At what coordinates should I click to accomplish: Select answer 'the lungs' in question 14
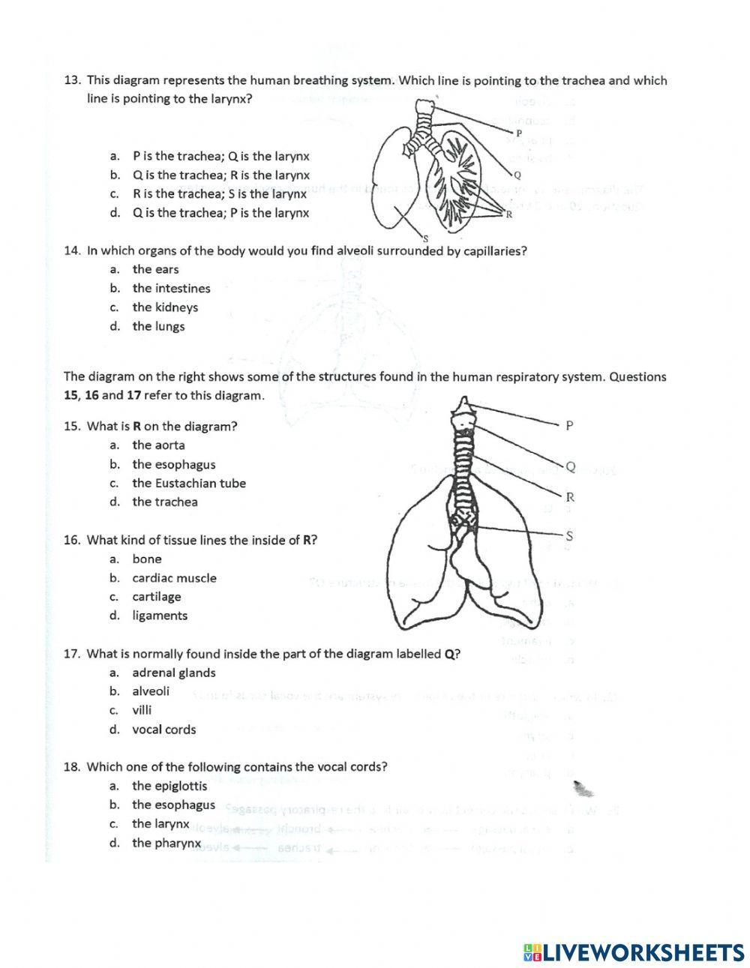(158, 326)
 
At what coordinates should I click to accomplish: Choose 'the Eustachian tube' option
(189, 483)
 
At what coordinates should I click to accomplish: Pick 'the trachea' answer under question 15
(165, 502)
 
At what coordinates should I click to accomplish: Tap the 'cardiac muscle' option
(174, 578)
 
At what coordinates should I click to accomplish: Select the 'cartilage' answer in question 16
(156, 597)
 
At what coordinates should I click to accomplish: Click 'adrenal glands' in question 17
(174, 673)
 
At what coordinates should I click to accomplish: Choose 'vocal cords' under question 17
(163, 730)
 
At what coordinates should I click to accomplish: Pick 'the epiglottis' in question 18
(169, 786)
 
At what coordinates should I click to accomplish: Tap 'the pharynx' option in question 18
(166, 843)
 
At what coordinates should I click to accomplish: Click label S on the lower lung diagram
(569, 535)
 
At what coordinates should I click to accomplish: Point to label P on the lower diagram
(569, 426)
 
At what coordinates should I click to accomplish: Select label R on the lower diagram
(570, 496)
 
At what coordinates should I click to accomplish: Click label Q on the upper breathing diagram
(517, 175)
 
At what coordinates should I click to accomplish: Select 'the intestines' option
(171, 288)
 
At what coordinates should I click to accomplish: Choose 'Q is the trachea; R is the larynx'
(220, 175)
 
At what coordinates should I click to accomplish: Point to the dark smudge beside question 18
(583, 789)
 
